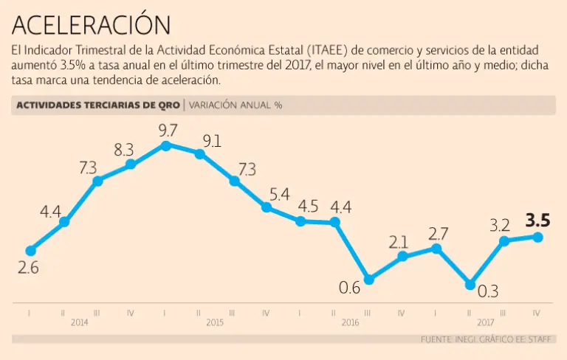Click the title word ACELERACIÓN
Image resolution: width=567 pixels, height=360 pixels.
[92, 25]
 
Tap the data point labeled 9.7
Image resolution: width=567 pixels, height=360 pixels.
[166, 145]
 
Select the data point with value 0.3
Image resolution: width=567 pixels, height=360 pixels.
[470, 284]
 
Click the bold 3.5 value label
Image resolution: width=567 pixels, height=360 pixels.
[537, 221]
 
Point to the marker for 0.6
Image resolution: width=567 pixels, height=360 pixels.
[369, 280]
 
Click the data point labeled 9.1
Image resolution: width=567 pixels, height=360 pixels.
[200, 153]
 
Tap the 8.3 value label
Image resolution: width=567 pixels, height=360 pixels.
[123, 150]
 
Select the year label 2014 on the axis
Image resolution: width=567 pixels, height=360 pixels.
[80, 322]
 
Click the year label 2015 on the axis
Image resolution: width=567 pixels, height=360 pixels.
[215, 322]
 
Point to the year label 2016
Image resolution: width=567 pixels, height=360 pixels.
[350, 322]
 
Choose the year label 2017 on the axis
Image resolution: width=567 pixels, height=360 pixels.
[485, 322]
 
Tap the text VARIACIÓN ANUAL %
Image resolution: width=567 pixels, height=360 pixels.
[236, 105]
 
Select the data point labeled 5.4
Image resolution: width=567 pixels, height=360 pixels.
[267, 207]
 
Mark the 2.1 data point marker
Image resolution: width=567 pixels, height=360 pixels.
[402, 256]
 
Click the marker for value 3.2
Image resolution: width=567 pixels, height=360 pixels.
[504, 240]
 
